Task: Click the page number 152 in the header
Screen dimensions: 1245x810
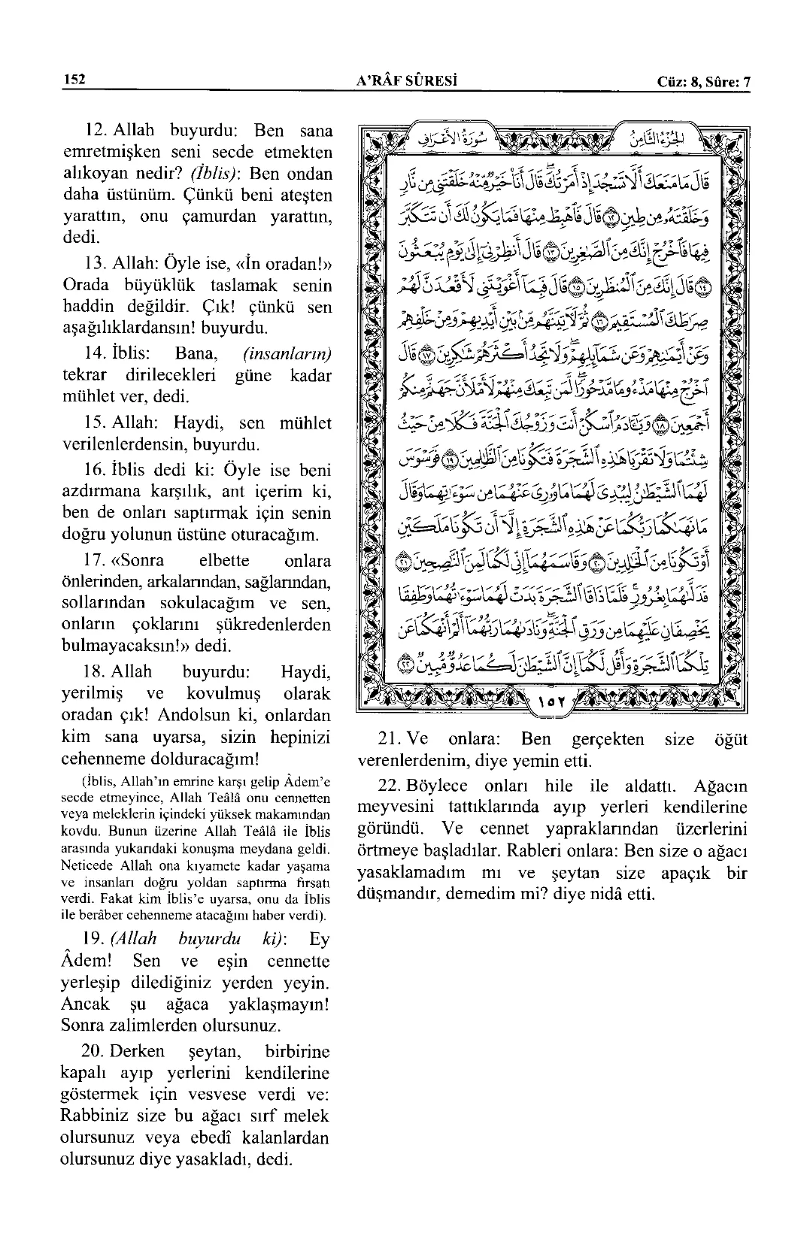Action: coord(74,80)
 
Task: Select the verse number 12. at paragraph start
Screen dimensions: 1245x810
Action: coord(99,131)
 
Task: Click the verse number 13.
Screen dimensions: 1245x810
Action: coord(98,264)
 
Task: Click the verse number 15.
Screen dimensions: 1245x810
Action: coord(98,423)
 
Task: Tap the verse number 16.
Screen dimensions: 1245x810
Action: coord(98,471)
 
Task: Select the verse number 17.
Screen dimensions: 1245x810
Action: coord(98,561)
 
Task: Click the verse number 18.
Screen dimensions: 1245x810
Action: coord(98,671)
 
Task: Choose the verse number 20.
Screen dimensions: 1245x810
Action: coord(98,1051)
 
